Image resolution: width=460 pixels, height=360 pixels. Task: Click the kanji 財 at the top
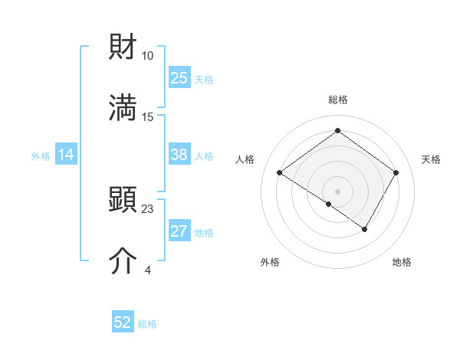pyautogui.click(x=123, y=47)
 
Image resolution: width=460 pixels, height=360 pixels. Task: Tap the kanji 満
pyautogui.click(x=123, y=108)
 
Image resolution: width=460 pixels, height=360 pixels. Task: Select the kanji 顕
pyautogui.click(x=123, y=201)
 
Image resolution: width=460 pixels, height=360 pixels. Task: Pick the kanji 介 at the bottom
pyautogui.click(x=123, y=261)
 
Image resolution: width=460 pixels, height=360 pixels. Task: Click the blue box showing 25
pyautogui.click(x=179, y=78)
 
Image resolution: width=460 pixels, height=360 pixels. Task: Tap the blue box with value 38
pyautogui.click(x=179, y=155)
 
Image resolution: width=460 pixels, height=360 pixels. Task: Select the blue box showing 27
pyautogui.click(x=179, y=231)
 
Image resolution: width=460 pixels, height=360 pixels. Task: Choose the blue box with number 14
pyautogui.click(x=66, y=155)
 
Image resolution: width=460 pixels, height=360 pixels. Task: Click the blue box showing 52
pyautogui.click(x=123, y=323)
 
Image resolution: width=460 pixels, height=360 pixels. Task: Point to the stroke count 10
pyautogui.click(x=148, y=56)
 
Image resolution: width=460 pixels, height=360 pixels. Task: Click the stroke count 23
pyautogui.click(x=148, y=209)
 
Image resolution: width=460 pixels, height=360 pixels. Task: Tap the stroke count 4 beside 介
pyautogui.click(x=148, y=270)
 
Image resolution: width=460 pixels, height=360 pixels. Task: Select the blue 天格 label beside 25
pyautogui.click(x=203, y=79)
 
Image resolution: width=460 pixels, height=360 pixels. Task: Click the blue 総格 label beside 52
pyautogui.click(x=147, y=324)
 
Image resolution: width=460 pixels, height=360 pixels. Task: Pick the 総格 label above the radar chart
pyautogui.click(x=337, y=100)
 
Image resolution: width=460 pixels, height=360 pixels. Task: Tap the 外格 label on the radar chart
pyautogui.click(x=270, y=263)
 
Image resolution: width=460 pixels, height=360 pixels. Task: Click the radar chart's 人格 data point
pyautogui.click(x=280, y=173)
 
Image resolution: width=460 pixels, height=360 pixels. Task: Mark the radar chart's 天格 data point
pyautogui.click(x=396, y=173)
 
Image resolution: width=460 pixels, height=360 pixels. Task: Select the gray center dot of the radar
pyautogui.click(x=337, y=191)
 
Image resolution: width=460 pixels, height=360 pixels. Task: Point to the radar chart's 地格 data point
pyautogui.click(x=365, y=229)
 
